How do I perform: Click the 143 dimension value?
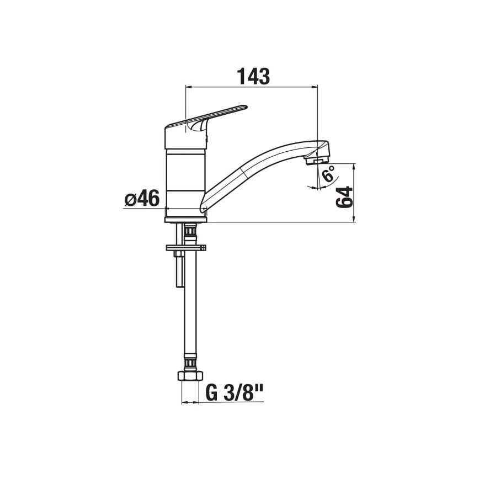(253, 76)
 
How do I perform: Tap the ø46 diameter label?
(142, 198)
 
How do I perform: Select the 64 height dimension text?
(344, 197)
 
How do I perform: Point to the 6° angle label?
(328, 175)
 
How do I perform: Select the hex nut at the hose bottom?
(189, 377)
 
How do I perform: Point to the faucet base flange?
(185, 219)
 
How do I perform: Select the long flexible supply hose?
(190, 309)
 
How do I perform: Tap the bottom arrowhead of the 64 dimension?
(354, 219)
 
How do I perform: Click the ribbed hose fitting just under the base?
(190, 232)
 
